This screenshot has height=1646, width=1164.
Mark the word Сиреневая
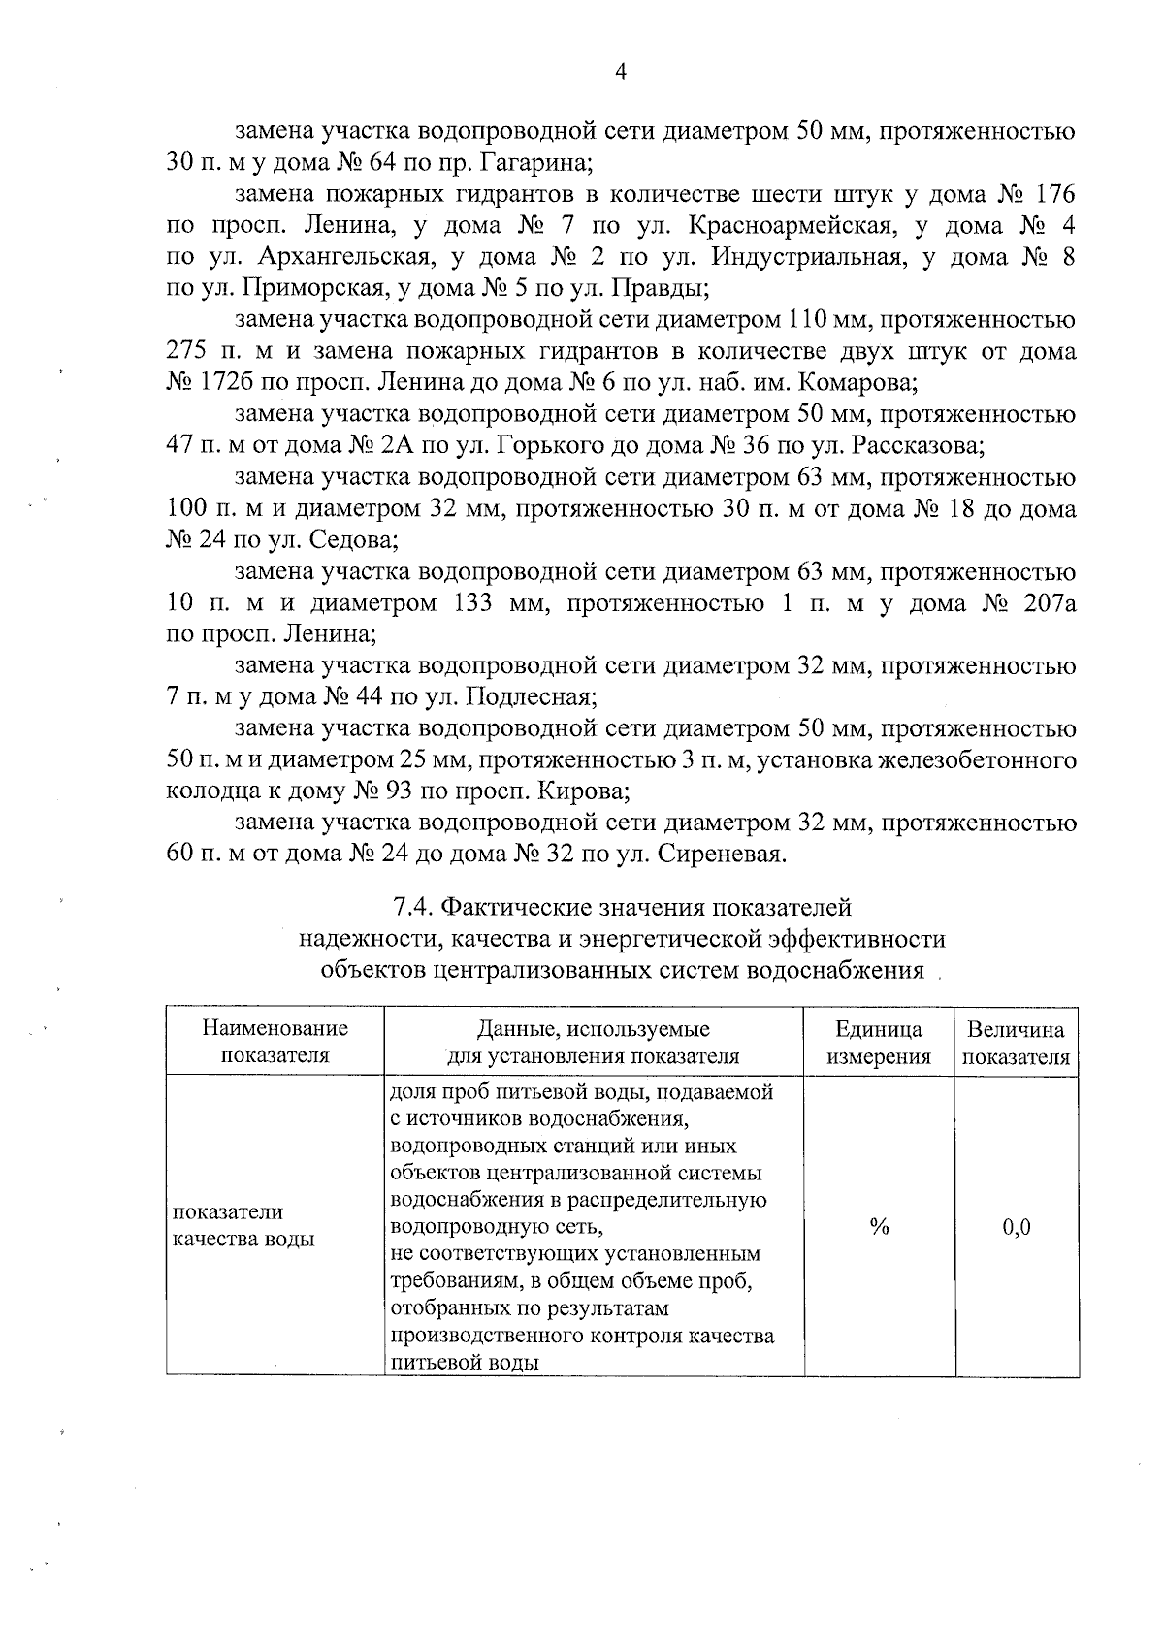(722, 855)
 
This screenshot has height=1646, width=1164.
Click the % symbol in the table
(879, 1227)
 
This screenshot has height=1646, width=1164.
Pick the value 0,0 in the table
(1016, 1227)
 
